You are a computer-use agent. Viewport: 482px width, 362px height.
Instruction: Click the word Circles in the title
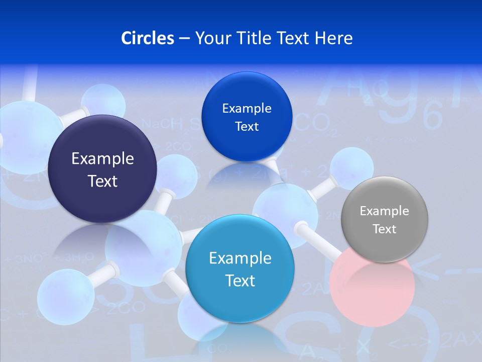(x=147, y=38)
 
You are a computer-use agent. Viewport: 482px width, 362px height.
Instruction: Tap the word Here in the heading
(x=334, y=38)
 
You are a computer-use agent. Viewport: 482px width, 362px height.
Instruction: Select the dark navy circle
(x=102, y=169)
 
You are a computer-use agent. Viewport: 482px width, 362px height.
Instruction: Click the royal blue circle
(x=247, y=117)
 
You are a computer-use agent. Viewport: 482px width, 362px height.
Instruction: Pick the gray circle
(x=385, y=219)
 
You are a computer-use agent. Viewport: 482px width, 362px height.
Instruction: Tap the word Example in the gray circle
(x=385, y=211)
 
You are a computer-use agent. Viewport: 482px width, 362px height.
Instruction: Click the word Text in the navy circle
(x=102, y=181)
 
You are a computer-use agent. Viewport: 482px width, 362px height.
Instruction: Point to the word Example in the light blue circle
(x=240, y=258)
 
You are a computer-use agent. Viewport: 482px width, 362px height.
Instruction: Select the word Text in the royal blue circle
(x=247, y=126)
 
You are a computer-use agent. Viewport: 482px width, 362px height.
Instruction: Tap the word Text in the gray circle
(x=385, y=229)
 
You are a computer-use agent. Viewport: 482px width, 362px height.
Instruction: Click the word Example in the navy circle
(x=102, y=158)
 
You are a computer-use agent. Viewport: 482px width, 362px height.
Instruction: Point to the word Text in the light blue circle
(x=240, y=280)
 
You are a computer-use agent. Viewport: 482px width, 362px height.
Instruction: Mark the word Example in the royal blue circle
(x=247, y=108)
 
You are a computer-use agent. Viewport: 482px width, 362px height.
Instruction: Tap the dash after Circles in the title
(x=184, y=38)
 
